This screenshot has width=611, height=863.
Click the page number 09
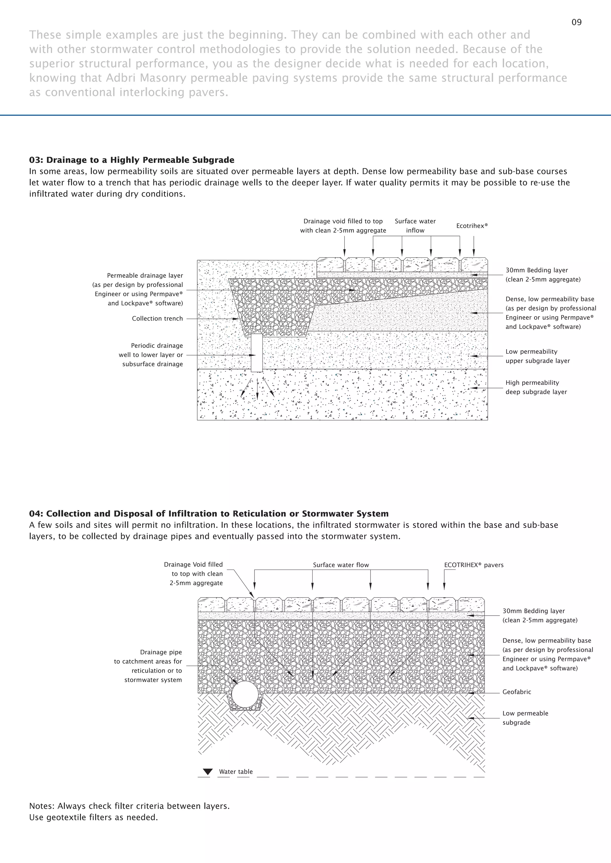point(576,22)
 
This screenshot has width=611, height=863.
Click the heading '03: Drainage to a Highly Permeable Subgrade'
point(132,160)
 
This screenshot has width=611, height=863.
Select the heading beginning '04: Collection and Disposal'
point(209,514)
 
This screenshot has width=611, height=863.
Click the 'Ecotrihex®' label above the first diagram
point(472,226)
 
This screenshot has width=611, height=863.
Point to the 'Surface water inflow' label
point(415,226)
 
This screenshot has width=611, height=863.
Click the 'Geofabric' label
point(516,692)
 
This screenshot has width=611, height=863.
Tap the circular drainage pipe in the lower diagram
point(245,695)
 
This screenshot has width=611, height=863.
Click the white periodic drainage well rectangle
point(257,353)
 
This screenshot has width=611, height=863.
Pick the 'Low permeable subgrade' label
point(525,718)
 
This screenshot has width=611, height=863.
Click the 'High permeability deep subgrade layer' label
point(536,387)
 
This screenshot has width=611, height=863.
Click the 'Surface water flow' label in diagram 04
point(341,565)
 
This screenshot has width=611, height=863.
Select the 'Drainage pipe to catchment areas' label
point(148,666)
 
